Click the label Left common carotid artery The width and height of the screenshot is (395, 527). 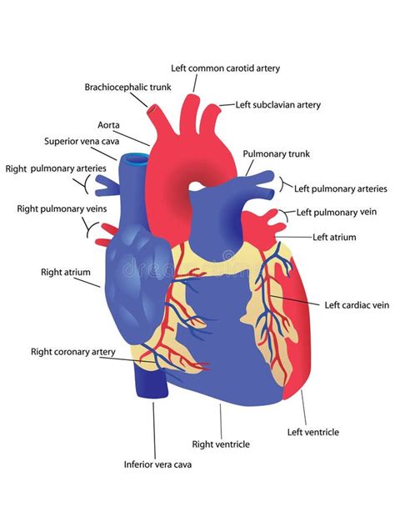[x=225, y=68]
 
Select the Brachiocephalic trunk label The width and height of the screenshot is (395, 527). [x=127, y=88]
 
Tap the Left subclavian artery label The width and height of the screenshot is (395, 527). [x=277, y=105]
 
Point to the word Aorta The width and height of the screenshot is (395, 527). [x=108, y=125]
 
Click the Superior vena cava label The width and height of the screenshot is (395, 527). [x=82, y=141]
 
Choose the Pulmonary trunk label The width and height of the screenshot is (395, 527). [x=276, y=154]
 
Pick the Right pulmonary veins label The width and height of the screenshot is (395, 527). [x=62, y=209]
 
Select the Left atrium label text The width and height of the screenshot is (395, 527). [x=334, y=238]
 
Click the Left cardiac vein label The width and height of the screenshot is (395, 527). [x=357, y=305]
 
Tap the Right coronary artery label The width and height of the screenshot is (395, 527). [x=72, y=352]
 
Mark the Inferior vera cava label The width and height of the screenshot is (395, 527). [x=157, y=464]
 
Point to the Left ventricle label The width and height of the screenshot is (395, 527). [x=313, y=432]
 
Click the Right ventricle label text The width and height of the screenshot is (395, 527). [x=221, y=444]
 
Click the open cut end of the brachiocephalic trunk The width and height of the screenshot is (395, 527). [x=153, y=109]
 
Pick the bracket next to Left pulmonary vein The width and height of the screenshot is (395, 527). [x=285, y=215]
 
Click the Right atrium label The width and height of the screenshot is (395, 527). [x=66, y=272]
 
